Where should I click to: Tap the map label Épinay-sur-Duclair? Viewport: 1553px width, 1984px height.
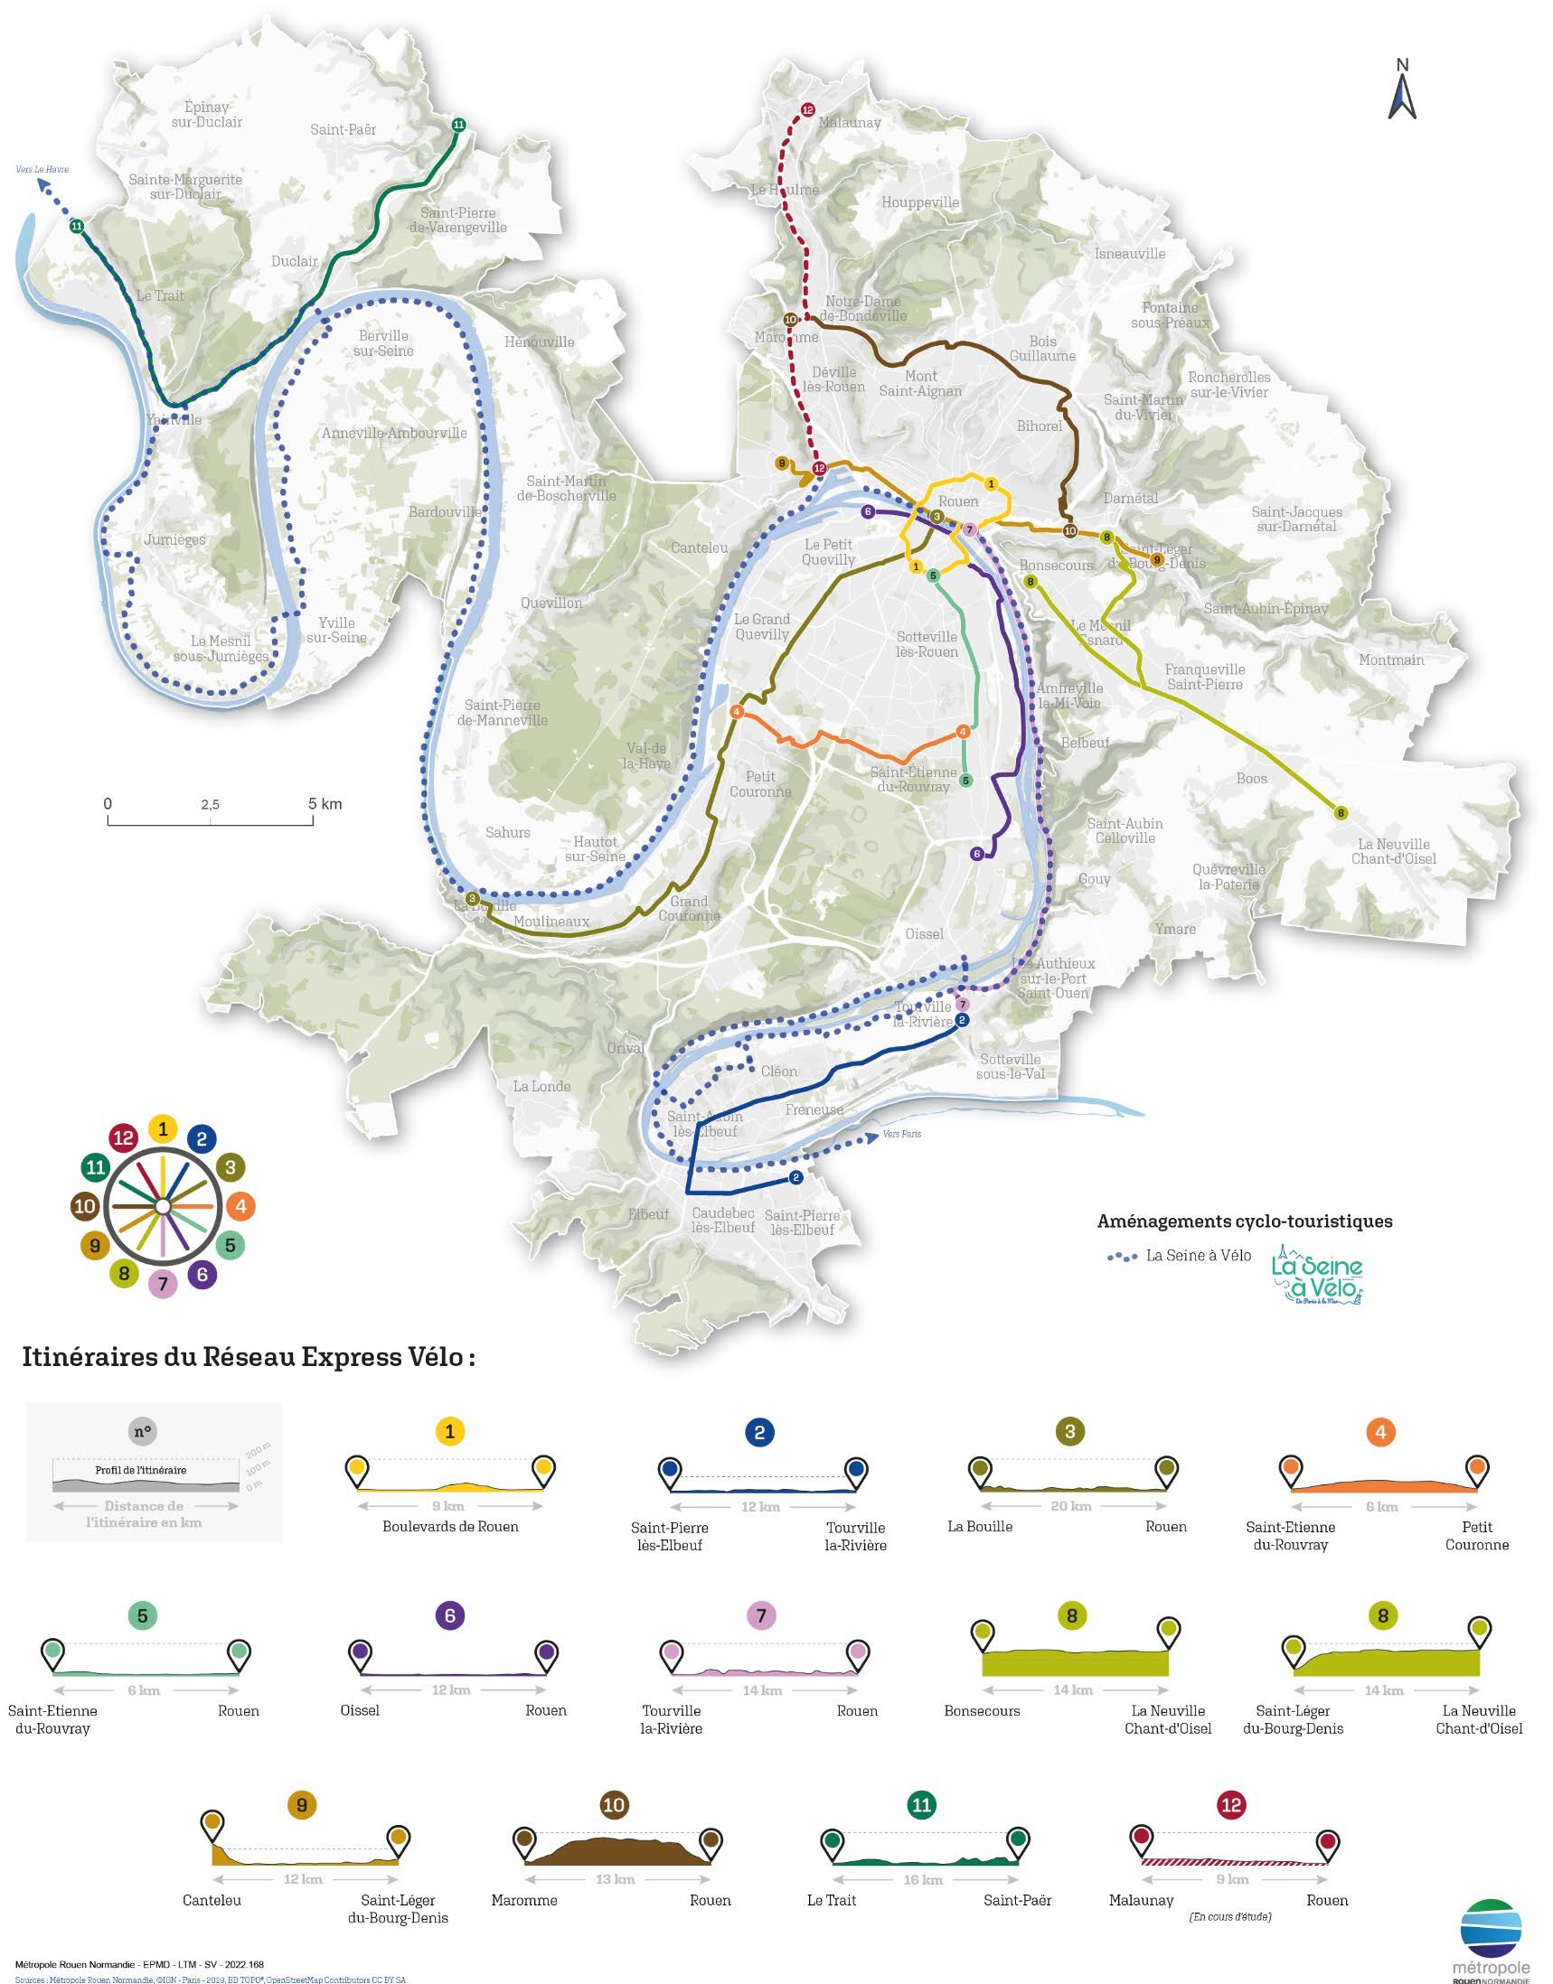tap(206, 115)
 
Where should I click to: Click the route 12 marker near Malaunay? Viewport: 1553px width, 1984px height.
tap(807, 111)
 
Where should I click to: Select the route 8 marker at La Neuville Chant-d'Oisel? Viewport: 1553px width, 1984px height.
tap(1340, 812)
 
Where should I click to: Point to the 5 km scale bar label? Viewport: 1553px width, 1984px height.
tap(325, 803)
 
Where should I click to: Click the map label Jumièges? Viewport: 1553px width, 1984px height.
tap(174, 540)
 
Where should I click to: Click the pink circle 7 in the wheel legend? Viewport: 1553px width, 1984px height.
tap(163, 1283)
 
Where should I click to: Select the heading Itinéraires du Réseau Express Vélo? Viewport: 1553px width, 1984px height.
tap(249, 1358)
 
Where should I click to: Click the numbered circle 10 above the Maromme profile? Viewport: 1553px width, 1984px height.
tap(614, 1805)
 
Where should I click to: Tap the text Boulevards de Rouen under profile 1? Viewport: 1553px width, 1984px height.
tap(450, 1526)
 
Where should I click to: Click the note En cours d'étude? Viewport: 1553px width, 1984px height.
tap(1229, 1916)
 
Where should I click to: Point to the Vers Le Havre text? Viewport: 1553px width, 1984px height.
tap(42, 169)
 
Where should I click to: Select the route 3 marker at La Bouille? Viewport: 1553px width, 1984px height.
tap(472, 899)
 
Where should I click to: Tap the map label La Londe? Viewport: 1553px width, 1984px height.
tap(541, 1086)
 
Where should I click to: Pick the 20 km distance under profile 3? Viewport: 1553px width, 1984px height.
tap(1071, 1506)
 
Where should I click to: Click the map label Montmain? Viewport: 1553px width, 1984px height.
tap(1391, 660)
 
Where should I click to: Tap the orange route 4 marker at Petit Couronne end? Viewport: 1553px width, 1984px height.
tap(737, 713)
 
